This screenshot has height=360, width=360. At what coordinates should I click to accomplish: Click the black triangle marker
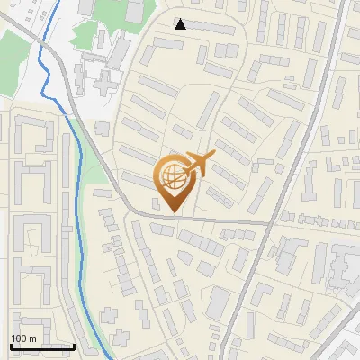click(x=181, y=24)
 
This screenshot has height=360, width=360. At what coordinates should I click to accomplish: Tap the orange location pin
click(x=173, y=180)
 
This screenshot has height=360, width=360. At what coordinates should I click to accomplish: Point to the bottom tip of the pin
click(x=173, y=212)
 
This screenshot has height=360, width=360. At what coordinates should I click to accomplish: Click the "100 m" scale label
click(x=23, y=338)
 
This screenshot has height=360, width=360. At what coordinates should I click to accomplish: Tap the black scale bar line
click(x=42, y=346)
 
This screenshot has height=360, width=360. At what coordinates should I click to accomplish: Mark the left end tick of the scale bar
click(x=11, y=346)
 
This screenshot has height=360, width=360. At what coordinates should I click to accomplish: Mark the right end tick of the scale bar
click(x=74, y=346)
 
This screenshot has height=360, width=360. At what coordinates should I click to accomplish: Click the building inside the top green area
click(x=134, y=11)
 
